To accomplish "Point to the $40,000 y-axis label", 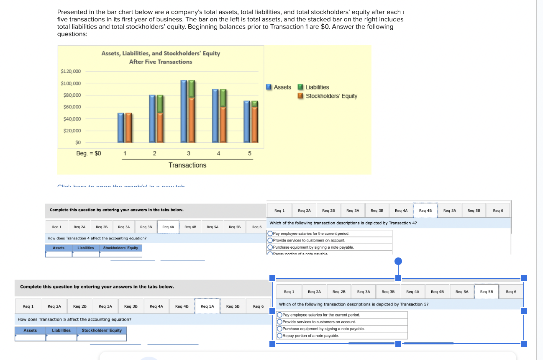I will point(71,119).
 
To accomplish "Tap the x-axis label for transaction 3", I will point(188,153).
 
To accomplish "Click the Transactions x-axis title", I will point(187,165).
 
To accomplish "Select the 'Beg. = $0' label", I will point(88,153).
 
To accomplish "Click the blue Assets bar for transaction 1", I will point(120,127).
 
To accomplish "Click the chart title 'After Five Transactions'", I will point(161,62).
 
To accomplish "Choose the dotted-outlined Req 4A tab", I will point(168,227).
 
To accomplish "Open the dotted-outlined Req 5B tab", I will point(487,291).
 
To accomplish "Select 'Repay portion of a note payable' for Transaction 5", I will point(280,336).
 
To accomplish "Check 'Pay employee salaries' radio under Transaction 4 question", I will point(271,234).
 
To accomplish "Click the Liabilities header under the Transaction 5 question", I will point(61,331).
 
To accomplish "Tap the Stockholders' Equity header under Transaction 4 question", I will point(120,248).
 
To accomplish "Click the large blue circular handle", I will point(398,262).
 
